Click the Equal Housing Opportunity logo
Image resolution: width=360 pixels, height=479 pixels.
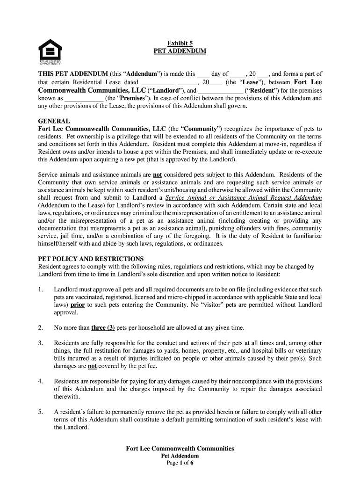click(50, 51)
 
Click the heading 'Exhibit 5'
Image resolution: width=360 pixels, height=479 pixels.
click(180, 43)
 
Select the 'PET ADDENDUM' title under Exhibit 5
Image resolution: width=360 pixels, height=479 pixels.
click(180, 51)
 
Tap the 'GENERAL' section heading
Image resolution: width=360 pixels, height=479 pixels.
click(54, 121)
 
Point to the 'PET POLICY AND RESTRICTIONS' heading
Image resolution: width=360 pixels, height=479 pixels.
click(91, 259)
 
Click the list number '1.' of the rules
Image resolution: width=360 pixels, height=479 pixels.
click(41, 290)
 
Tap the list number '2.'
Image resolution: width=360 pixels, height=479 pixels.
click(41, 327)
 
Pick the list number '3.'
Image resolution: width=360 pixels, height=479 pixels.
click(41, 343)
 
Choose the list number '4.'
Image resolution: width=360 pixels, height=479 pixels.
click(41, 381)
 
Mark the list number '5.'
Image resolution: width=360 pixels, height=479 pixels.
click(41, 412)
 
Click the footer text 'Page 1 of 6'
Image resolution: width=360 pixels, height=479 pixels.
click(180, 463)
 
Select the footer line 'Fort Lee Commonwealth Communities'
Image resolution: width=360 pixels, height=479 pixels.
click(180, 449)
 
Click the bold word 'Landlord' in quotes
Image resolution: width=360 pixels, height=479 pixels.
click(164, 90)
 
